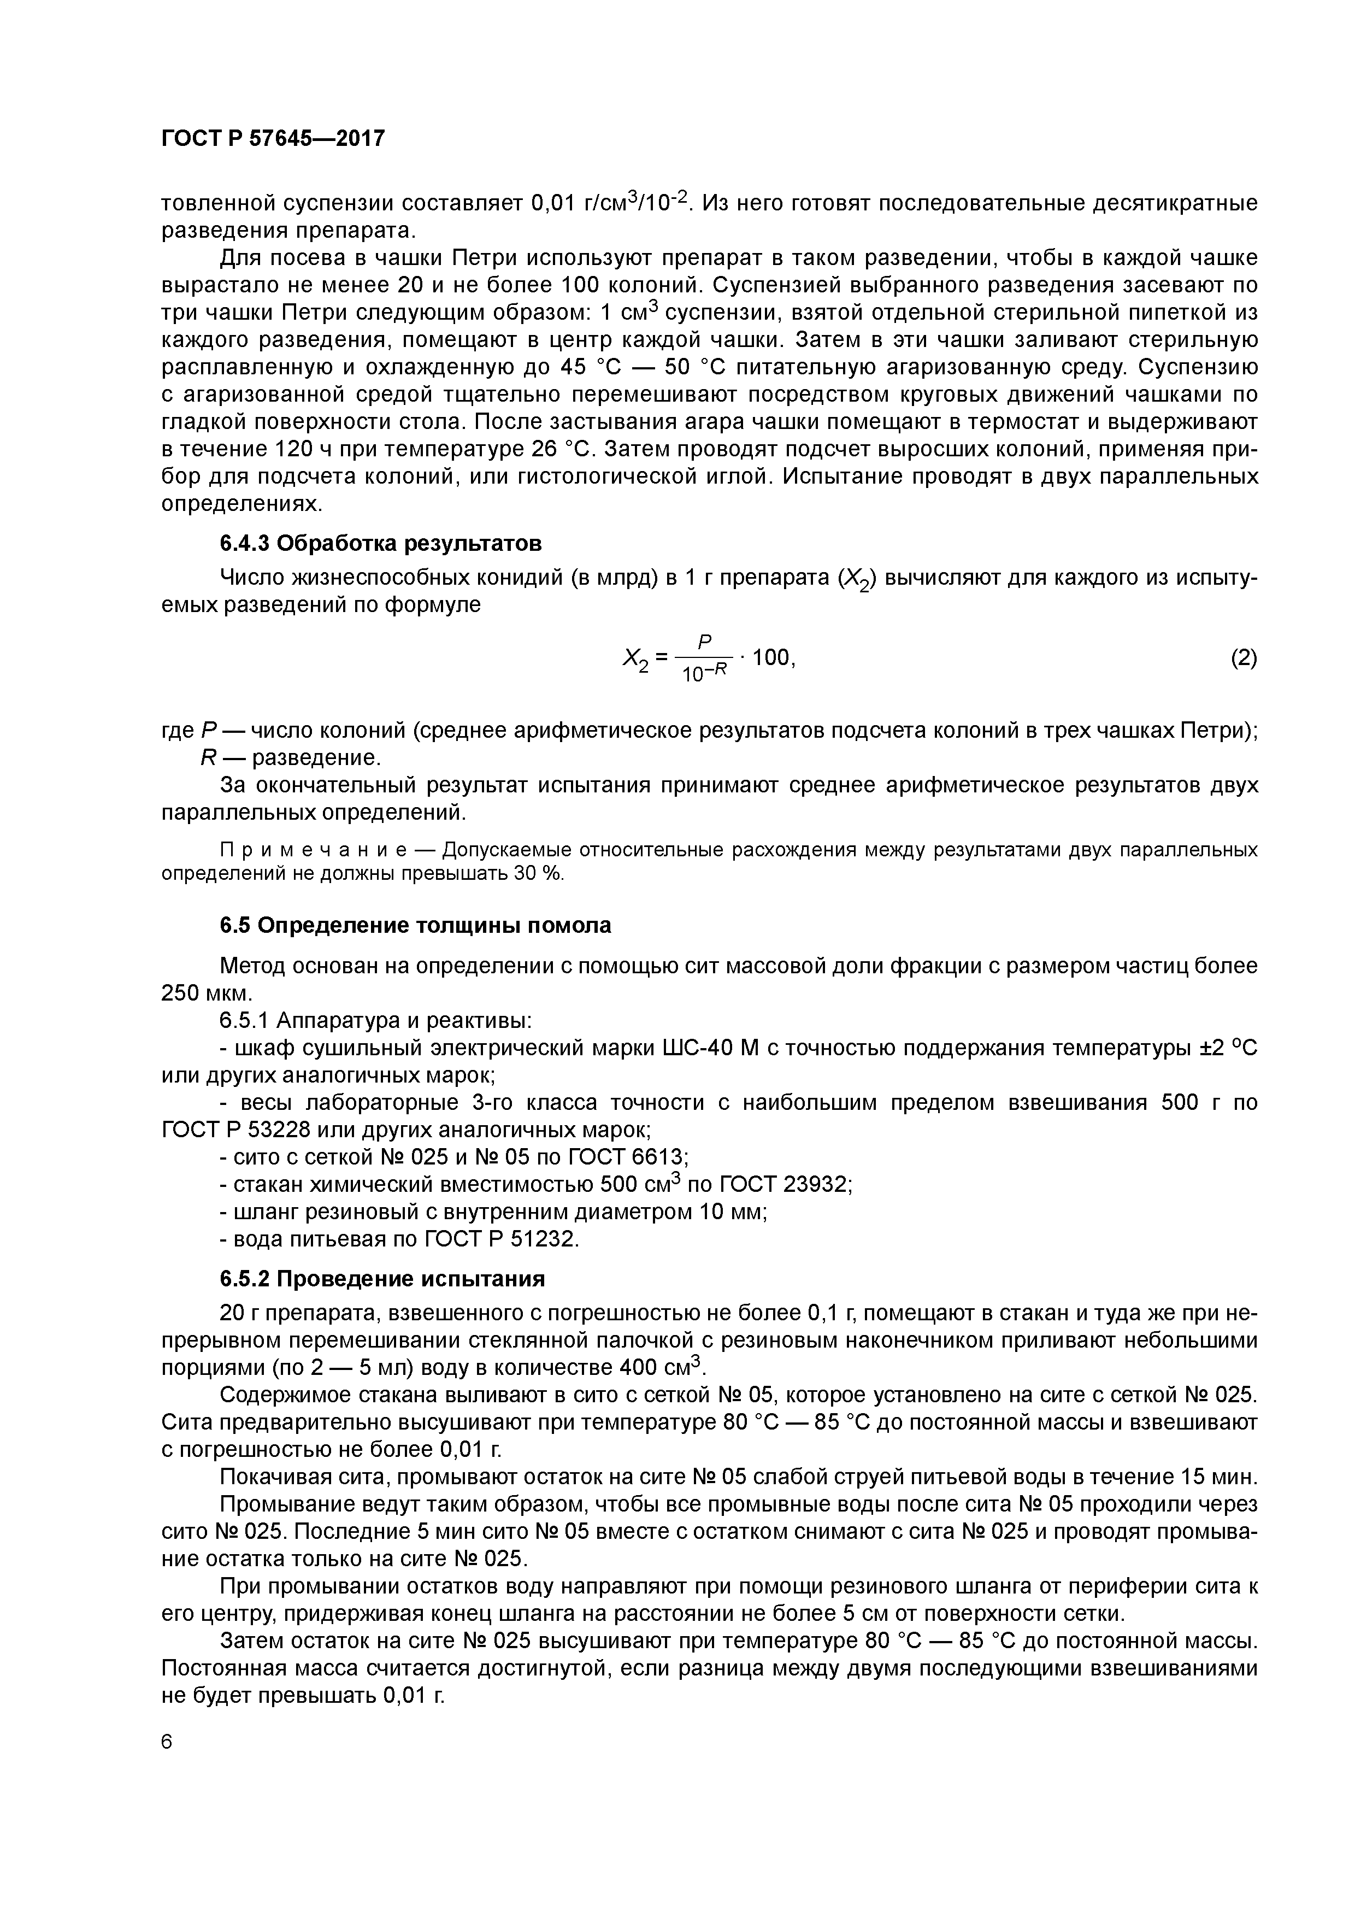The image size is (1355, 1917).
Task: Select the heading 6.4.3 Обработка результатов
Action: coord(381,544)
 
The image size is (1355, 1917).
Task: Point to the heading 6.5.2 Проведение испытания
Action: coord(382,1279)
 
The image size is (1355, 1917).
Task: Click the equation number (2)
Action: coord(1242,658)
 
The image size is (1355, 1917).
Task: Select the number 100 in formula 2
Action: coord(770,658)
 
